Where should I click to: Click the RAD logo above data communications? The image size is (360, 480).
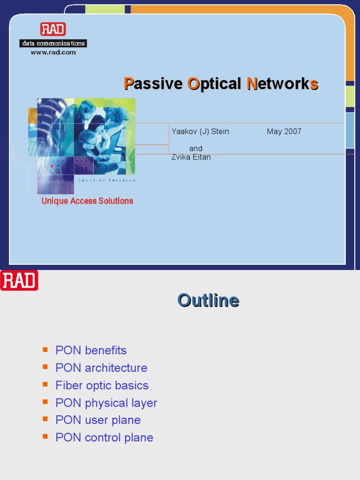point(53,30)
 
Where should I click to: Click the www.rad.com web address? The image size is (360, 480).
point(53,52)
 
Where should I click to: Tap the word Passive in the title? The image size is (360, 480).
point(153,84)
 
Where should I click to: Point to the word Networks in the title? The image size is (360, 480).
point(283,84)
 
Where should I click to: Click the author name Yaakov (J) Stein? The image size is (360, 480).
point(200,132)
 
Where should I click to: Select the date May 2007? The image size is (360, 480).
point(284,132)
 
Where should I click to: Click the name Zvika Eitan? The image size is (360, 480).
point(191,157)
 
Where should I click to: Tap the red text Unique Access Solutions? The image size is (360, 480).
point(87,201)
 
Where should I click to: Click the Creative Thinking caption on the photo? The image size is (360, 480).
point(106,180)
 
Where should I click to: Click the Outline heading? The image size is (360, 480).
point(208,300)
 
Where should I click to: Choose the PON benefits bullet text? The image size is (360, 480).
point(91,351)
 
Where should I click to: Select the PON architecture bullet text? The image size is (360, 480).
point(101,368)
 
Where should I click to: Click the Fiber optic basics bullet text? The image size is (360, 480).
point(102,385)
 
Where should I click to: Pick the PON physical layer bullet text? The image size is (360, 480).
point(106,403)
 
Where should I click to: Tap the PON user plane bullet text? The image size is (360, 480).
point(98,420)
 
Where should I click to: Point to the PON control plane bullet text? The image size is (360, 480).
point(104,437)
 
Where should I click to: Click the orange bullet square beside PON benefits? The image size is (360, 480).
point(45,350)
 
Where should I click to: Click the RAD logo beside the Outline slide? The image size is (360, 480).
point(19,280)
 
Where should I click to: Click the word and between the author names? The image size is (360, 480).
point(196,149)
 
